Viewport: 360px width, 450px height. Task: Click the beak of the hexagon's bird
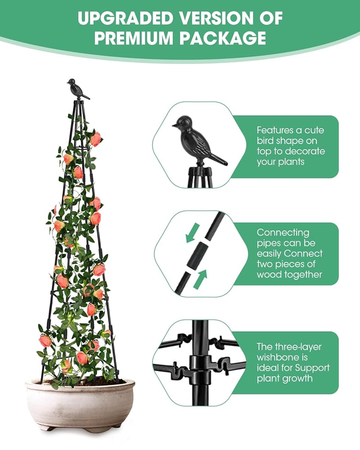[x=174, y=126]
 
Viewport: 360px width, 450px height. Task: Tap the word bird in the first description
[x=266, y=140]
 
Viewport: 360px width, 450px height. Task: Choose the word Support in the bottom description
[x=314, y=368]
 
